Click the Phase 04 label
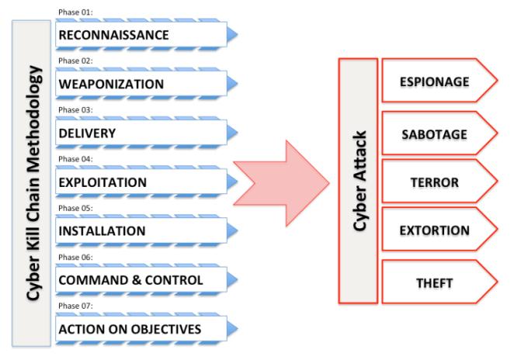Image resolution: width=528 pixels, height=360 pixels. tap(75, 159)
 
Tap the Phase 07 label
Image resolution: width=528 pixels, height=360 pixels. tap(75, 306)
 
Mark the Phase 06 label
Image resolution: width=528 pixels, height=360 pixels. tap(75, 257)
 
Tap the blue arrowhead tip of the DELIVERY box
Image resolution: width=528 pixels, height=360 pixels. tap(232, 133)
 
